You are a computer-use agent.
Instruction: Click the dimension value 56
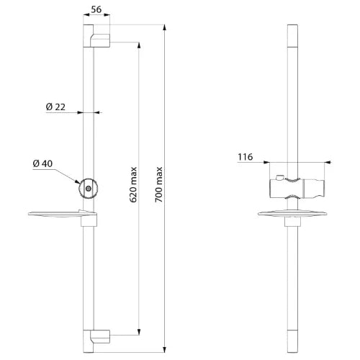pos(96,9)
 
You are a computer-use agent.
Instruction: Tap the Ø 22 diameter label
pos(55,107)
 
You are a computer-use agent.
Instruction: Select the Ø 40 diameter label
pos(42,163)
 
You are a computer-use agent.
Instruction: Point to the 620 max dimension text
pos(133,184)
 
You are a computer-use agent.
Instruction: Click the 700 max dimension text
pos(158,184)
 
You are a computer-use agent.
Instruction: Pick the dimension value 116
pos(246,157)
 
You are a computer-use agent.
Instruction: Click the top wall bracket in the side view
pos(100,40)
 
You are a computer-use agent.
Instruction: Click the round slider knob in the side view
pos(89,189)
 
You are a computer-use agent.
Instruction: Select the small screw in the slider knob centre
pos(89,189)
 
